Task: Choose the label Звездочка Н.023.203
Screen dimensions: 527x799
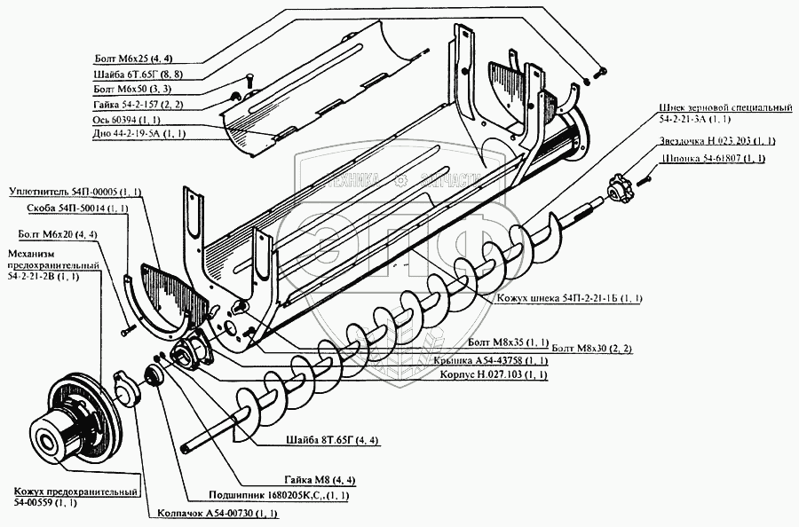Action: tap(718, 141)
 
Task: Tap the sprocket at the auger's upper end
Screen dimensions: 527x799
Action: tap(616, 187)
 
